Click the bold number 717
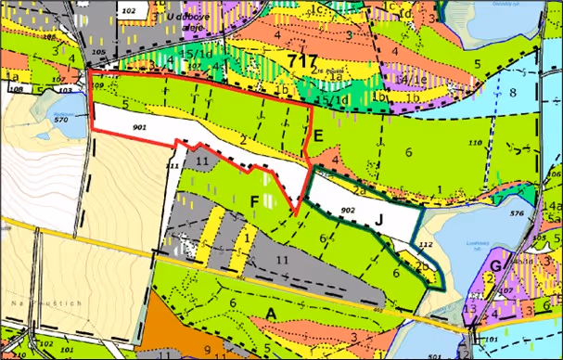tap(302, 61)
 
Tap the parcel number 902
tap(348, 211)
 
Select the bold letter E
tap(317, 136)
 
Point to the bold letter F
tap(253, 200)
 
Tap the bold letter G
tap(497, 267)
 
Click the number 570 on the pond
tap(62, 120)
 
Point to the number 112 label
tap(426, 244)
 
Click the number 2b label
tap(420, 265)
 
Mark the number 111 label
tap(172, 164)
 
